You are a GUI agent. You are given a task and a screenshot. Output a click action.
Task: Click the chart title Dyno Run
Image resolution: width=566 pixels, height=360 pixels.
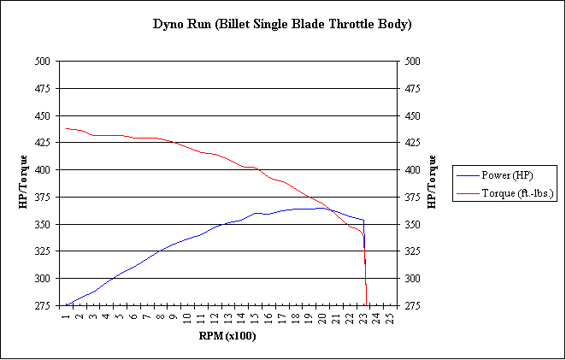(x=281, y=24)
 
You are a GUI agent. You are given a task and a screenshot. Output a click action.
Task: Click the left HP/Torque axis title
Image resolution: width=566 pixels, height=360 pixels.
(x=24, y=183)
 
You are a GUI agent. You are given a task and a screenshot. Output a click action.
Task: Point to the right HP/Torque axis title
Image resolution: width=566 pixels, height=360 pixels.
(x=431, y=183)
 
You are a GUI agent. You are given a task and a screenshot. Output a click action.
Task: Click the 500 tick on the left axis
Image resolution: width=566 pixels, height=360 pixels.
(x=42, y=62)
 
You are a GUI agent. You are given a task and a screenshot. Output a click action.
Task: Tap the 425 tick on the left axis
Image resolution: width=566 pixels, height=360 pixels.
(x=42, y=143)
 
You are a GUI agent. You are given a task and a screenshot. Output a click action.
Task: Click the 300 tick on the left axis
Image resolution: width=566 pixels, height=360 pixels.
(x=42, y=279)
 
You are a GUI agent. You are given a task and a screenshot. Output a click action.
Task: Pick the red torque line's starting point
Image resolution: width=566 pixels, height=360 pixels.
(x=65, y=128)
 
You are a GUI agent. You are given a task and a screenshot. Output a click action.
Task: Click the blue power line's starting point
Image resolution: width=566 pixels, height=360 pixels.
(x=65, y=305)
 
